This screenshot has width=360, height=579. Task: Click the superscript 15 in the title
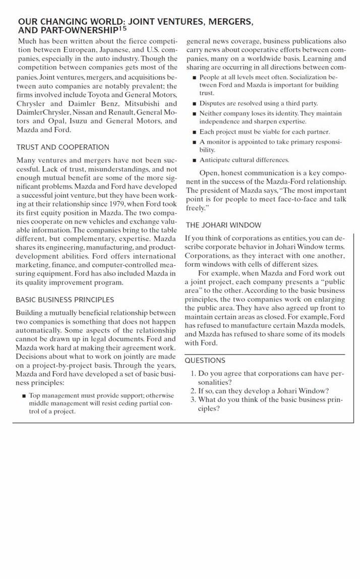123,28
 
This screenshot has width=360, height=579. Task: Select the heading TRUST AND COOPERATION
63,147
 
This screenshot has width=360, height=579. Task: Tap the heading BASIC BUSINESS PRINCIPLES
65,300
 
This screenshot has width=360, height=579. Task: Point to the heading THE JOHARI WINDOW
223,225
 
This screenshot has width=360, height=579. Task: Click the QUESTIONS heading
205,361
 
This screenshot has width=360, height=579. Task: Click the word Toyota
101,95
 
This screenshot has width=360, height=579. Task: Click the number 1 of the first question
193,374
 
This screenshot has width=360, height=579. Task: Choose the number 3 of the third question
193,400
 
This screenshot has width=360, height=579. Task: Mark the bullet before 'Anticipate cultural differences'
194,160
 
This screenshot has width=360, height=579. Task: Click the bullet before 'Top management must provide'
24,396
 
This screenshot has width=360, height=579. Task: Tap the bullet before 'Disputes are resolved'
194,103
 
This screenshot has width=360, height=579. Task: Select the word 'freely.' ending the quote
197,208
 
